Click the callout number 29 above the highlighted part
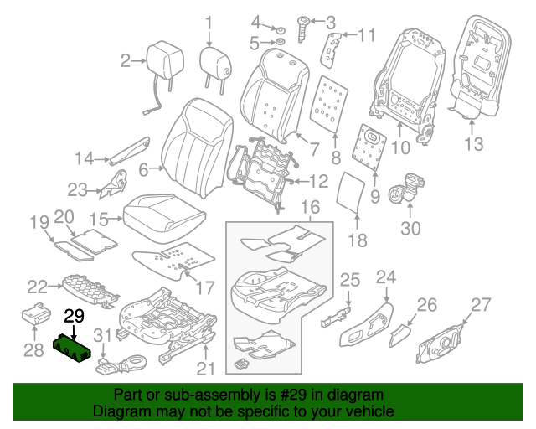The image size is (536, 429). tap(75, 315)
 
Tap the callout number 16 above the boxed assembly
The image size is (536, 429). tap(309, 207)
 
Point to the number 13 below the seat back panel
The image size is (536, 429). tap(475, 144)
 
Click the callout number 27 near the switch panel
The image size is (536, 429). tap(481, 305)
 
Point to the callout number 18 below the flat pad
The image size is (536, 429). tap(358, 241)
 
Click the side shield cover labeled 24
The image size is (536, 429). tap(368, 321)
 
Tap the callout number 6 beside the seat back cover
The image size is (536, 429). tap(144, 170)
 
